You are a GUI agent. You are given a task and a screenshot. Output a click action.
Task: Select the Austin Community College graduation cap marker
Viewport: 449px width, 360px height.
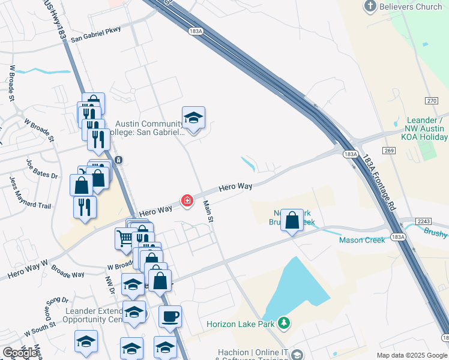pos(193,118)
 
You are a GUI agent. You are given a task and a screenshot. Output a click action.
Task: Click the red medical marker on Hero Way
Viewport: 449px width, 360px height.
pos(187,200)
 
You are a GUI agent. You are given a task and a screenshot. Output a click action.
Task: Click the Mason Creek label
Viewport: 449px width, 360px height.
pos(362,240)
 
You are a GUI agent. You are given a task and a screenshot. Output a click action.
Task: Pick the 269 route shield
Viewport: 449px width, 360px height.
pos(390,150)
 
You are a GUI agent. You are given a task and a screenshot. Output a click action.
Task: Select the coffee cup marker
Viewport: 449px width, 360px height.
pos(170,316)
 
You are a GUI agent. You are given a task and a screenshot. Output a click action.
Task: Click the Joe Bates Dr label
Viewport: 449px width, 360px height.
pos(42,169)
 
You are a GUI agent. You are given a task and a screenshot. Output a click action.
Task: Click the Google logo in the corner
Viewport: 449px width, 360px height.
pos(20,353)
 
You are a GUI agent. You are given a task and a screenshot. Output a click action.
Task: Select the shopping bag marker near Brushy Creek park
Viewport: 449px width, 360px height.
pos(292,220)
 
